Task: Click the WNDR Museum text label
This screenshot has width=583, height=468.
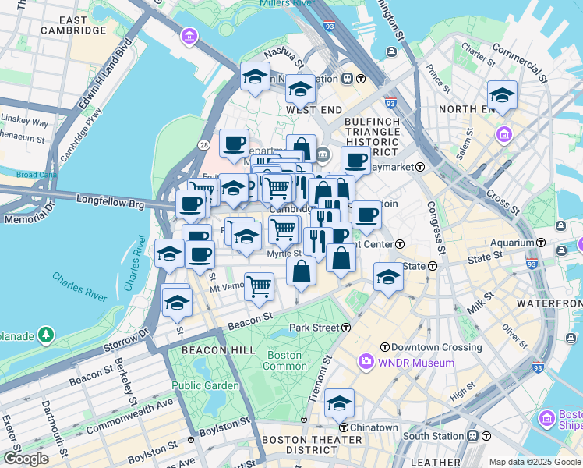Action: (x=417, y=363)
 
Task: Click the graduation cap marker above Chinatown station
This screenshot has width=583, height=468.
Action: (x=339, y=404)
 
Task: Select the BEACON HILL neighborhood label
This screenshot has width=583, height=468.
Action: (x=218, y=350)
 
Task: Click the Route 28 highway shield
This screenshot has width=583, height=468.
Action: (x=203, y=145)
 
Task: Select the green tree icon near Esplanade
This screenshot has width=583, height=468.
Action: (x=47, y=335)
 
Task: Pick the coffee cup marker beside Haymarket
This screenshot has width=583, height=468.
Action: (x=355, y=160)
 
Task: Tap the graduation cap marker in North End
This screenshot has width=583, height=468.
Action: (x=502, y=95)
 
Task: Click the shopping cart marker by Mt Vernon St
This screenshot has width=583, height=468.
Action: (x=259, y=286)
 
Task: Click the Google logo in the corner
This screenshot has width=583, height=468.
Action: (x=26, y=459)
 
